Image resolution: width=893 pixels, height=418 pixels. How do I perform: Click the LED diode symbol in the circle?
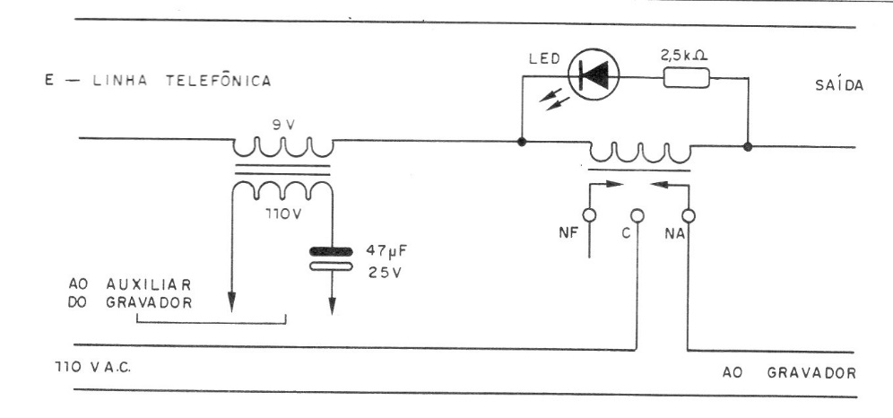(594, 74)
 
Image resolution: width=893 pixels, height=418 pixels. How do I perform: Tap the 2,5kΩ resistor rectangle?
(686, 77)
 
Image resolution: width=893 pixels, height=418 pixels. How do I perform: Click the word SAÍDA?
(839, 85)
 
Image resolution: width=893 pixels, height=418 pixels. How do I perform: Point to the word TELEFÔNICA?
(218, 81)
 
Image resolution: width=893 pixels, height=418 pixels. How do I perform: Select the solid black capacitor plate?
(330, 250)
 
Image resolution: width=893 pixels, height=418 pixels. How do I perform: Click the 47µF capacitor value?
(386, 250)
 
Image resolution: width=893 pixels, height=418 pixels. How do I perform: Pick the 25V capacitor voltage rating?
(385, 272)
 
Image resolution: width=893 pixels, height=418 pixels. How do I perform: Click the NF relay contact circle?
(589, 214)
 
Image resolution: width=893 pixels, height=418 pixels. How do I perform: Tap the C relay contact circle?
(637, 215)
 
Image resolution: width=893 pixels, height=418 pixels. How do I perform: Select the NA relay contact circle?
(688, 215)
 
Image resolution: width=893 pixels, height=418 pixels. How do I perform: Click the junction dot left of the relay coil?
(521, 141)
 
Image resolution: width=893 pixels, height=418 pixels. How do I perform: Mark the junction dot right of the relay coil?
(748, 147)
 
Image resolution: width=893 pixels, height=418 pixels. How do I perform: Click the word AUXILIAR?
(149, 283)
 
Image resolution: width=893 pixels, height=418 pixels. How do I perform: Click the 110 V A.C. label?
(93, 367)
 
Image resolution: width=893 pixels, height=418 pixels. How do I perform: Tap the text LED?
(544, 58)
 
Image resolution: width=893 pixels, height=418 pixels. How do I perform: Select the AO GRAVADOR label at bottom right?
(789, 373)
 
